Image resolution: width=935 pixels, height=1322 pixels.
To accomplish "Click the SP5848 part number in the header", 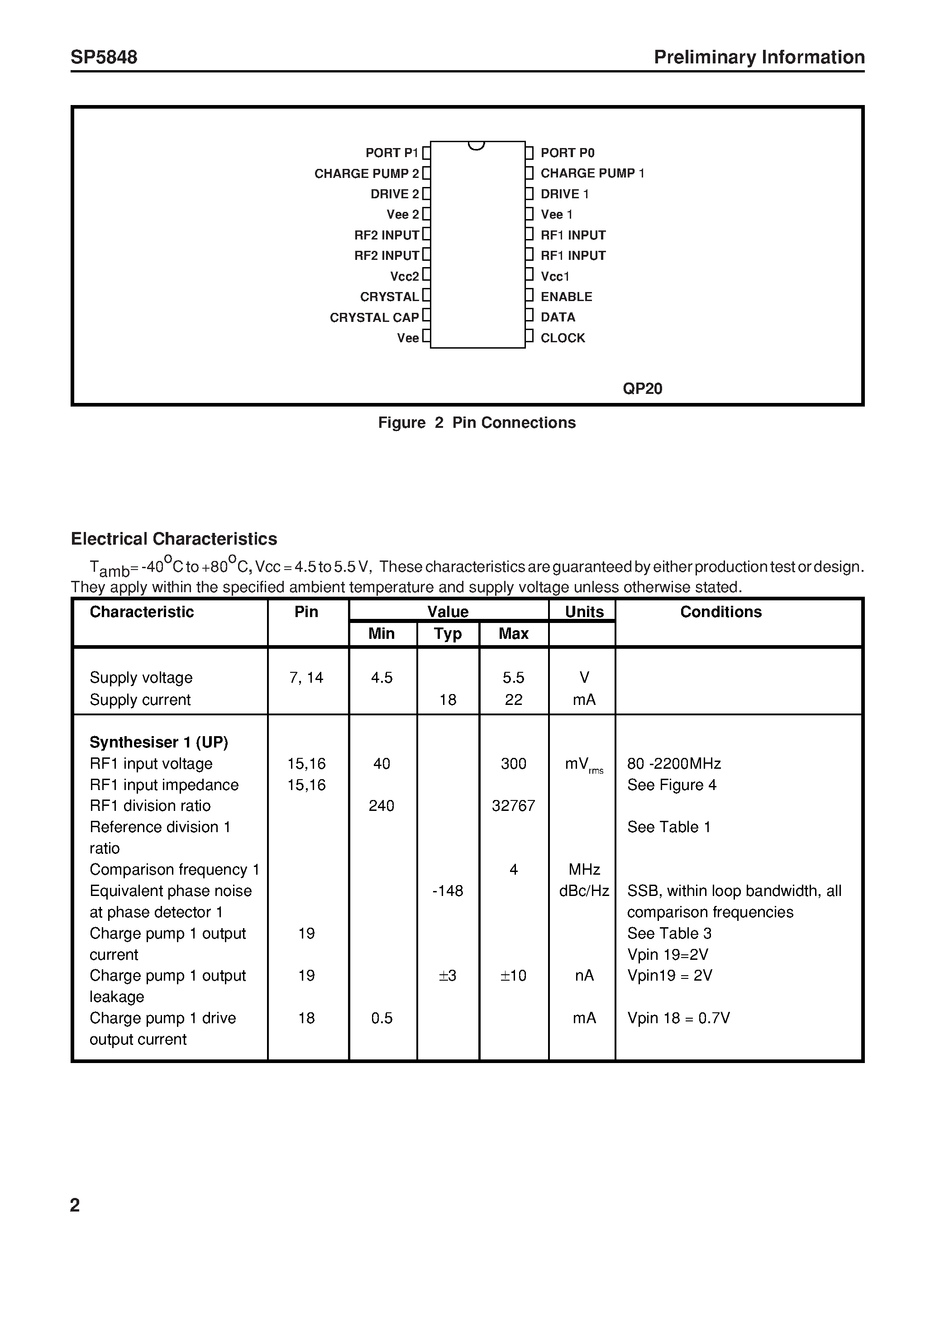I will point(104,57).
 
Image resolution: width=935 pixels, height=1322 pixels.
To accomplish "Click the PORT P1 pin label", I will point(391,153).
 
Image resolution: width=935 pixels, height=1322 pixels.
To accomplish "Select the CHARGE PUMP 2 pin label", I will point(366,173).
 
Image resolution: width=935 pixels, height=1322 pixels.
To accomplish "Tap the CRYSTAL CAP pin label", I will point(374,317).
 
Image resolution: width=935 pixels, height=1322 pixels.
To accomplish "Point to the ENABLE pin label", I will point(566,297).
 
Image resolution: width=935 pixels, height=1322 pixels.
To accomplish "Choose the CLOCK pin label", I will point(563,338).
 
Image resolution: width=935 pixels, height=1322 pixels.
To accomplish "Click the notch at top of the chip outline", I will point(477,145).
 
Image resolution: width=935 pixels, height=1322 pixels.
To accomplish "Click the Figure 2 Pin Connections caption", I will point(476,422).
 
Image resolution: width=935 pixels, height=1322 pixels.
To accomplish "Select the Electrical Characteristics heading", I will point(173,538).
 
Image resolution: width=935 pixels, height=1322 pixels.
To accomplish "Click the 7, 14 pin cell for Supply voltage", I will point(306,678).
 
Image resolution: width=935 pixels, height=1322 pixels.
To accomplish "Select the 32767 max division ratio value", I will point(513,805).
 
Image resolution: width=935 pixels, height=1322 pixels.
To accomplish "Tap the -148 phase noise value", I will point(447,891).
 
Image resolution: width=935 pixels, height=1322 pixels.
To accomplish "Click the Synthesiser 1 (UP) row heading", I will point(159,742).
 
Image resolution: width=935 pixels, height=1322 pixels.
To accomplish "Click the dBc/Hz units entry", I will point(584,891).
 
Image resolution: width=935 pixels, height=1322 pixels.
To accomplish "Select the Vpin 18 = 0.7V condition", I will point(678,1018).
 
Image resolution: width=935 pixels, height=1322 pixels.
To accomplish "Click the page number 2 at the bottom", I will point(75,1205).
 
